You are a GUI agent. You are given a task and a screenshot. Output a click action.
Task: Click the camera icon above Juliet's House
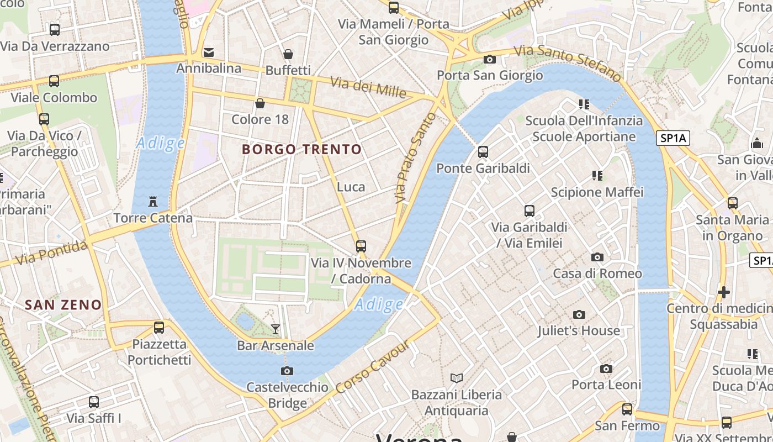579,314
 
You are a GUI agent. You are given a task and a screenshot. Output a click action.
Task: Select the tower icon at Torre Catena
153,202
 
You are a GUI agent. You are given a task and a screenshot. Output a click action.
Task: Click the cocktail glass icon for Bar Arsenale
275,329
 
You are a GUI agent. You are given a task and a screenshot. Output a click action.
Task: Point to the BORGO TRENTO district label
302,149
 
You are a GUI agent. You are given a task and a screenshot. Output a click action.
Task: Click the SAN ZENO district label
63,304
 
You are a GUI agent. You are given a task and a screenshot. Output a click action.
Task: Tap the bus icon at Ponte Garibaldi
483,152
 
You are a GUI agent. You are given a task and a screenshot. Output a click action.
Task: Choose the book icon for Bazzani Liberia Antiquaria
456,378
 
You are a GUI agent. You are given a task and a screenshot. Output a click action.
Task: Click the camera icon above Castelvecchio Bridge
287,371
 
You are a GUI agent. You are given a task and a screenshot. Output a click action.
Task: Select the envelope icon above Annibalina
209,52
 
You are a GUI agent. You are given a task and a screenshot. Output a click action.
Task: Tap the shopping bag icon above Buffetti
288,54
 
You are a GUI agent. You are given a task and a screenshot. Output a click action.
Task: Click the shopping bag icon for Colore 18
260,103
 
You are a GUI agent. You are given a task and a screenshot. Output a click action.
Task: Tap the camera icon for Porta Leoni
606,369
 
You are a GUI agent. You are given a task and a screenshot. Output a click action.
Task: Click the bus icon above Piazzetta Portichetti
159,328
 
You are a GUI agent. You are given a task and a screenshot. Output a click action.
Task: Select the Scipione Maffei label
597,192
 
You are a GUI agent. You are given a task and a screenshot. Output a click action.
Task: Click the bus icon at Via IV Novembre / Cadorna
361,246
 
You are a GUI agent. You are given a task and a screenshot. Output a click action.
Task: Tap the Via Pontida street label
51,252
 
